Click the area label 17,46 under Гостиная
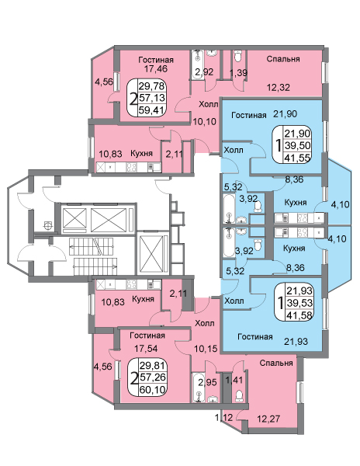tap(156, 69)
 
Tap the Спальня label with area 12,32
tap(283, 59)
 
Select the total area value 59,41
tap(151, 110)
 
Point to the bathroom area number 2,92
tap(204, 72)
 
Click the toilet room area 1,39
tap(239, 72)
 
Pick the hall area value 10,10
tap(205, 121)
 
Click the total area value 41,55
tap(298, 157)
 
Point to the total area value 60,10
tap(152, 389)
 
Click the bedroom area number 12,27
tap(268, 419)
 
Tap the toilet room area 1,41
tap(234, 380)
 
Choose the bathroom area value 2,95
tap(207, 381)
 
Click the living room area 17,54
tap(146, 348)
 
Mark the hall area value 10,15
tap(206, 348)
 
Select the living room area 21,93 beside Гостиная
tap(296, 341)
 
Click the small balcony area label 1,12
tap(223, 418)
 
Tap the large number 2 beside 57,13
tap(134, 99)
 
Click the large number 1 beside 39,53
tap(279, 303)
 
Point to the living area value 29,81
tap(153, 365)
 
